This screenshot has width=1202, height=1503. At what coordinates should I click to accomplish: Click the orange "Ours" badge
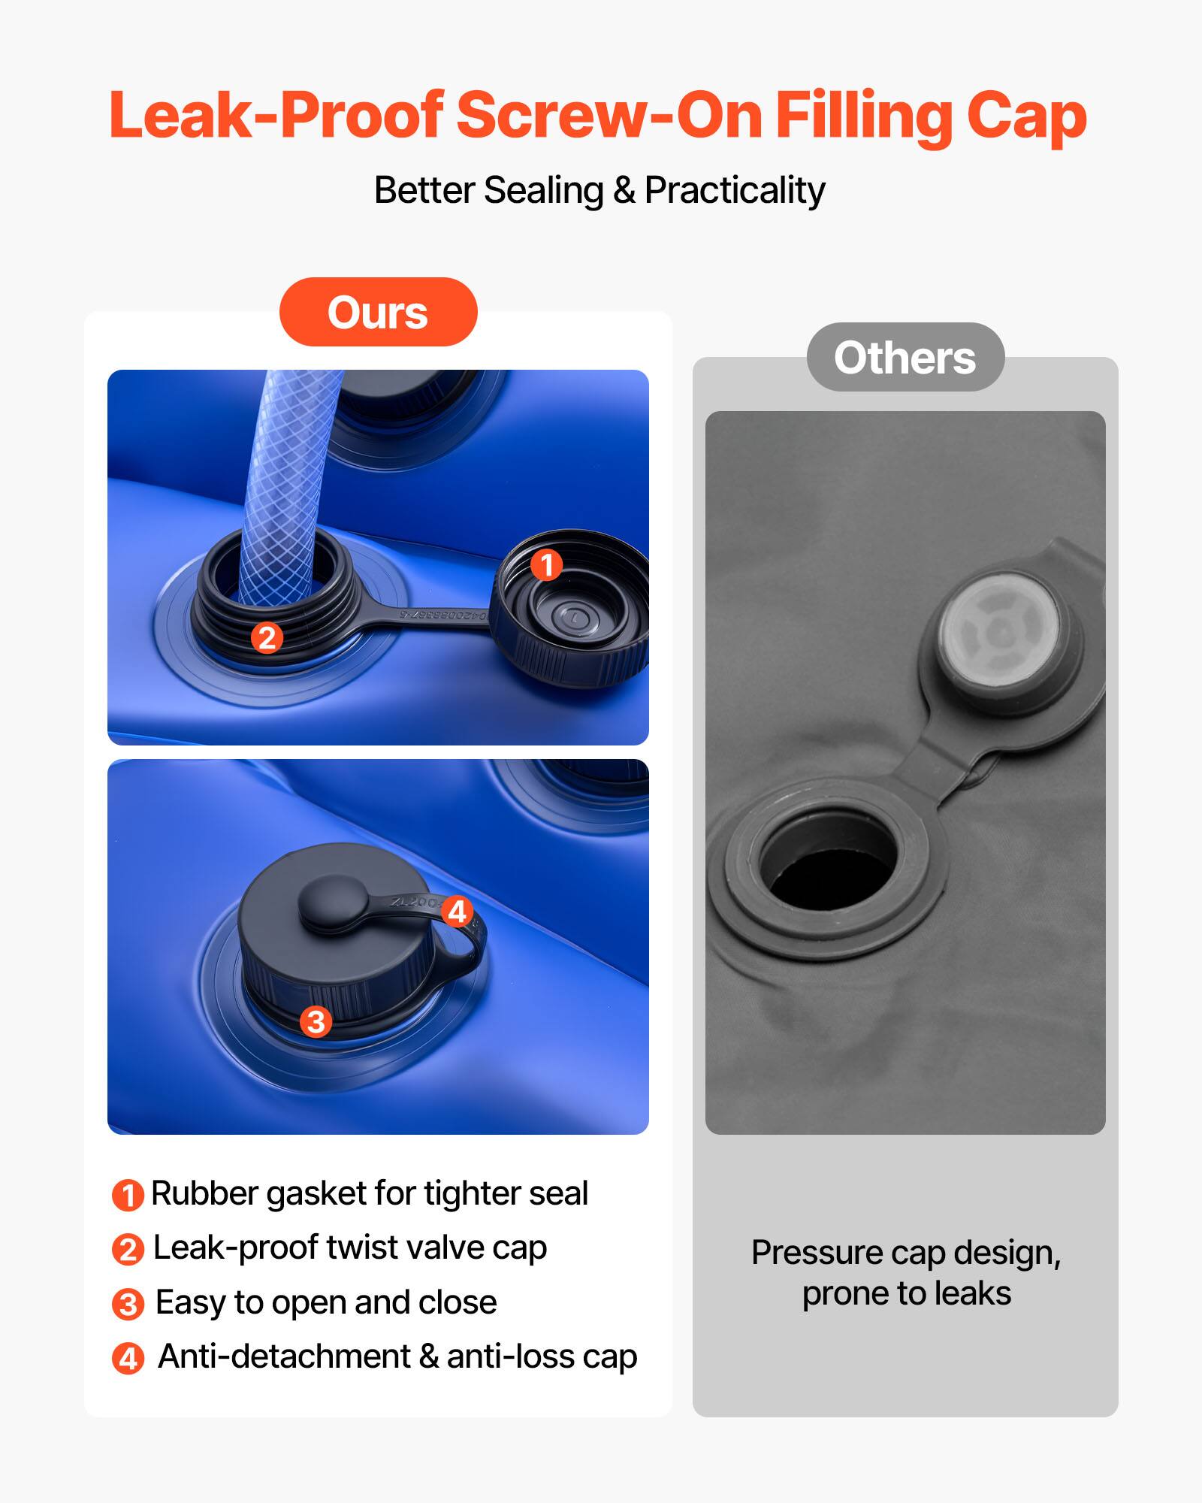[x=378, y=312]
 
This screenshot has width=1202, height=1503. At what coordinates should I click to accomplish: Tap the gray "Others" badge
[x=905, y=357]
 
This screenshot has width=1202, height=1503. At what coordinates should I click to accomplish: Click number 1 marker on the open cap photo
[x=546, y=564]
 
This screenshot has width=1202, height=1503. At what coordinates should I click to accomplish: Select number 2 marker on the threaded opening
[x=267, y=638]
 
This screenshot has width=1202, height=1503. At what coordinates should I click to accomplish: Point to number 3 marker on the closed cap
[x=316, y=1021]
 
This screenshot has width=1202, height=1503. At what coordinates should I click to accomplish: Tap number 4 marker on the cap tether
[x=457, y=912]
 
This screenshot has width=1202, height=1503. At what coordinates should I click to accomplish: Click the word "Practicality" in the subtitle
[x=735, y=190]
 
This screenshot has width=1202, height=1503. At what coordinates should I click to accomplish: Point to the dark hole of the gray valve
[x=830, y=864]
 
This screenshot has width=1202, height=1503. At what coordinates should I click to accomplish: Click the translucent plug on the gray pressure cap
[x=1000, y=631]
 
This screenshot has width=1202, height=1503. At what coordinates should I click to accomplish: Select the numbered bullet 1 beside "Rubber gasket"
[x=128, y=1196]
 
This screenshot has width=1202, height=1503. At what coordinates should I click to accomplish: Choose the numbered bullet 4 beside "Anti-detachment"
[x=128, y=1359]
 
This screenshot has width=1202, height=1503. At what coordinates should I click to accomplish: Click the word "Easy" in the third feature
[x=191, y=1303]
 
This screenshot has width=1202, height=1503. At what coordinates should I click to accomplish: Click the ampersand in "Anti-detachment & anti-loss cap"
[x=429, y=1357]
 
